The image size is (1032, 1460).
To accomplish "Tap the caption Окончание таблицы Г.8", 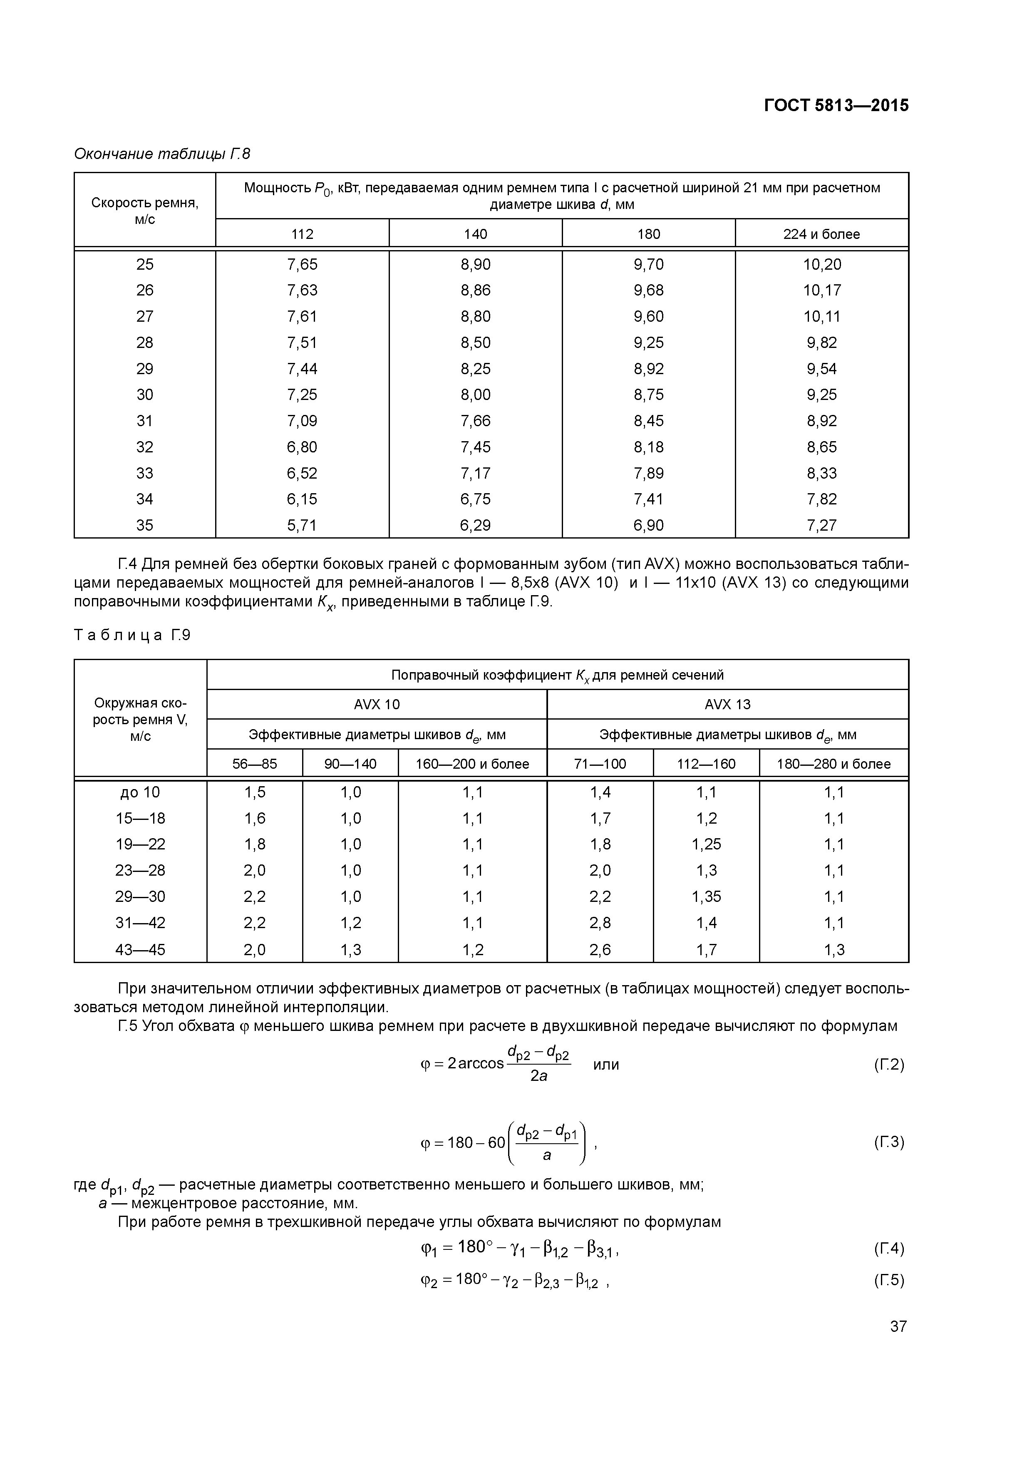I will point(162,154).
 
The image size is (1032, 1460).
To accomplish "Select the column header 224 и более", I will point(821,234).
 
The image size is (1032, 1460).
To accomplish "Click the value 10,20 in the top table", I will point(821,264).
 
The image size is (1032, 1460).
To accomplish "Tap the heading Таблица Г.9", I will point(132,635).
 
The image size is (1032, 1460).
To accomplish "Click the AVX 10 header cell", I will point(377,705).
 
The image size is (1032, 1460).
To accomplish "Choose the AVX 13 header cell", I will point(727,705).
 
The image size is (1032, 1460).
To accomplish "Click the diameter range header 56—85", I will point(254,764).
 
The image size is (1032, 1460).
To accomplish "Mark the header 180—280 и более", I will point(833,764).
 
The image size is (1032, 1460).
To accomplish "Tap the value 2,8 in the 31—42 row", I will point(600,923).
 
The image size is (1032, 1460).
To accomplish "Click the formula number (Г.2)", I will point(888,1065).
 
